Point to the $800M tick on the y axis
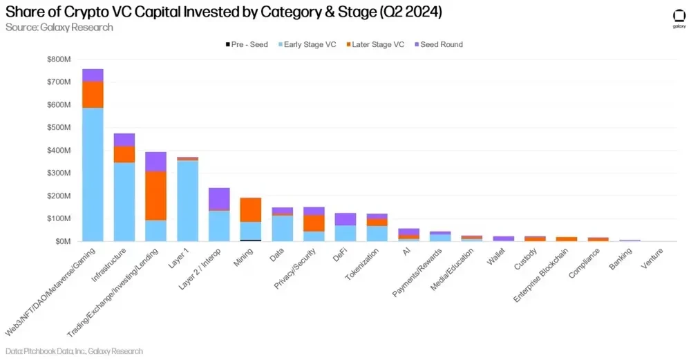pyautogui.click(x=59, y=59)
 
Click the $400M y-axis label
pyautogui.click(x=59, y=150)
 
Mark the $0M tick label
pyautogui.click(x=62, y=241)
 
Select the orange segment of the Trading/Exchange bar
pyautogui.click(x=155, y=196)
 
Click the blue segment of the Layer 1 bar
pyautogui.click(x=187, y=200)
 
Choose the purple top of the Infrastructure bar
pyautogui.click(x=124, y=140)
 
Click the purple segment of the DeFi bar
pyautogui.click(x=345, y=219)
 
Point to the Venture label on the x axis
pyautogui.click(x=654, y=256)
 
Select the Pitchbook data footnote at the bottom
pyautogui.click(x=74, y=351)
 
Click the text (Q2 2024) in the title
pyautogui.click(x=408, y=12)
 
